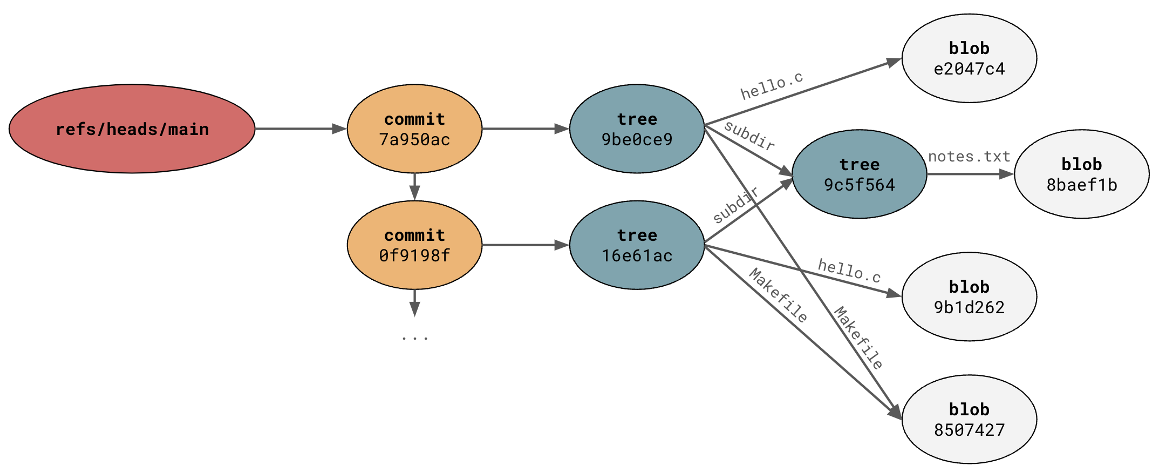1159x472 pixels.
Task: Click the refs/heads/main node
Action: click(x=132, y=129)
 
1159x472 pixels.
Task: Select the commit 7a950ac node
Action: click(x=414, y=129)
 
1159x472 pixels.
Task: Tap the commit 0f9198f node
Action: click(x=414, y=245)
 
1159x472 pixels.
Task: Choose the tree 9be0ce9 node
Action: click(x=637, y=129)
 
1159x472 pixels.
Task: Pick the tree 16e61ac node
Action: click(x=637, y=245)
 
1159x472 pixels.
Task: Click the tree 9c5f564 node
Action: click(x=859, y=174)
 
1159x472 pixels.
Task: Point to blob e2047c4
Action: click(x=969, y=58)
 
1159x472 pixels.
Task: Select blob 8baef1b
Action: click(x=1081, y=174)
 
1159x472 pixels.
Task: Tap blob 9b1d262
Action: click(x=969, y=296)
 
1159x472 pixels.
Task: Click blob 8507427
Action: click(x=969, y=419)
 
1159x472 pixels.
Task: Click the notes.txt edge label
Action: click(x=969, y=157)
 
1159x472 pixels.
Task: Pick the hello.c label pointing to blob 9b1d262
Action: click(x=849, y=271)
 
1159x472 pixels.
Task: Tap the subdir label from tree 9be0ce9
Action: click(x=749, y=136)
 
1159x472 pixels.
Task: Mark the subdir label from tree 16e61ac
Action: click(x=736, y=205)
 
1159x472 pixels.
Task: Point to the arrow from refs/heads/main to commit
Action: click(x=300, y=129)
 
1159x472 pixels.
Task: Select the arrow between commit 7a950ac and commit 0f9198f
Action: click(x=414, y=187)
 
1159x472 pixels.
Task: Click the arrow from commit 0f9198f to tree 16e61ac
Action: click(x=525, y=245)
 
